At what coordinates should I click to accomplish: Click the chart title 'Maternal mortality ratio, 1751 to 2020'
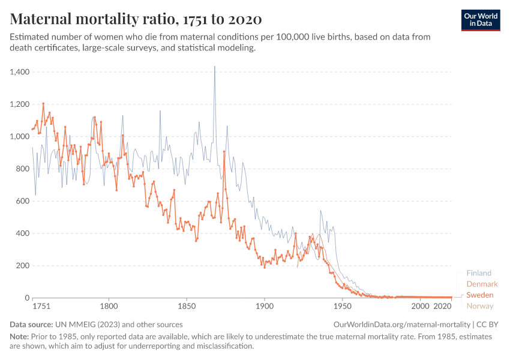click(136, 19)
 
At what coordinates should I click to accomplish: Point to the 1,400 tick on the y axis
click(20, 72)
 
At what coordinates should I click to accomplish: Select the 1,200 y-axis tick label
click(20, 104)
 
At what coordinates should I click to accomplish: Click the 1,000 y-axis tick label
click(20, 137)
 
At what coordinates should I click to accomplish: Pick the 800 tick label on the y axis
click(23, 169)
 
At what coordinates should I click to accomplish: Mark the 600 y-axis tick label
click(23, 201)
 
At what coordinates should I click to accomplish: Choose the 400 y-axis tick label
click(23, 233)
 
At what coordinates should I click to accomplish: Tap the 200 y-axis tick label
click(23, 266)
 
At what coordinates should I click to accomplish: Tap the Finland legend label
click(478, 273)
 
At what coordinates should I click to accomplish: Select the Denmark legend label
click(482, 284)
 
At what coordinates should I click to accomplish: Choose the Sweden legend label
click(480, 295)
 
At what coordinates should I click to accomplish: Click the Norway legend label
click(480, 306)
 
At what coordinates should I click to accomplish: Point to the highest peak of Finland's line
click(214, 67)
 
